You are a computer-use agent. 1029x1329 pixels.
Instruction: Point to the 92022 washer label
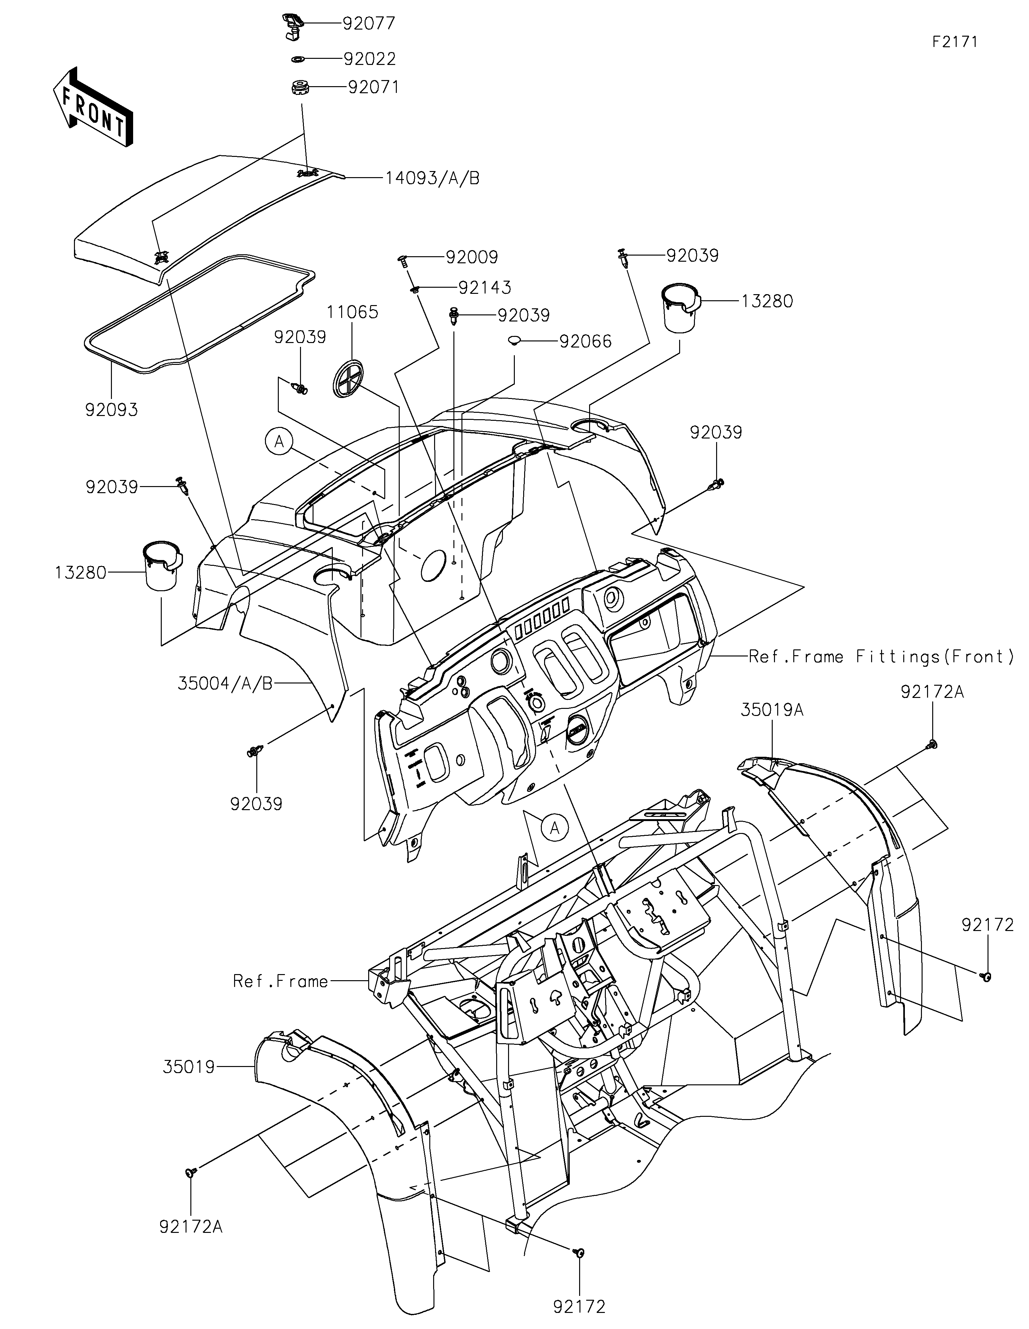369,59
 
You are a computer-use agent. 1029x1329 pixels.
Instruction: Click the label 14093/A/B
432,178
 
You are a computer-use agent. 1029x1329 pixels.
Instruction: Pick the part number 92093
111,410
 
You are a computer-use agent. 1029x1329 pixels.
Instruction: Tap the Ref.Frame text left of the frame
280,981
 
